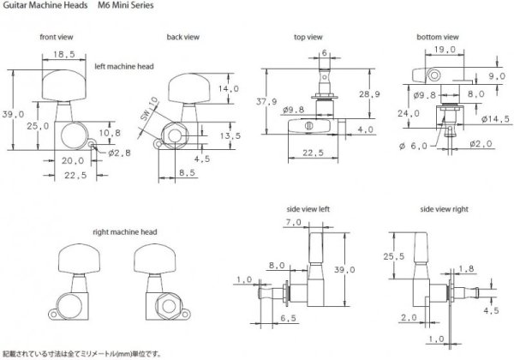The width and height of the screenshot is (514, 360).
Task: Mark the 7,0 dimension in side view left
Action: tap(292, 222)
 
